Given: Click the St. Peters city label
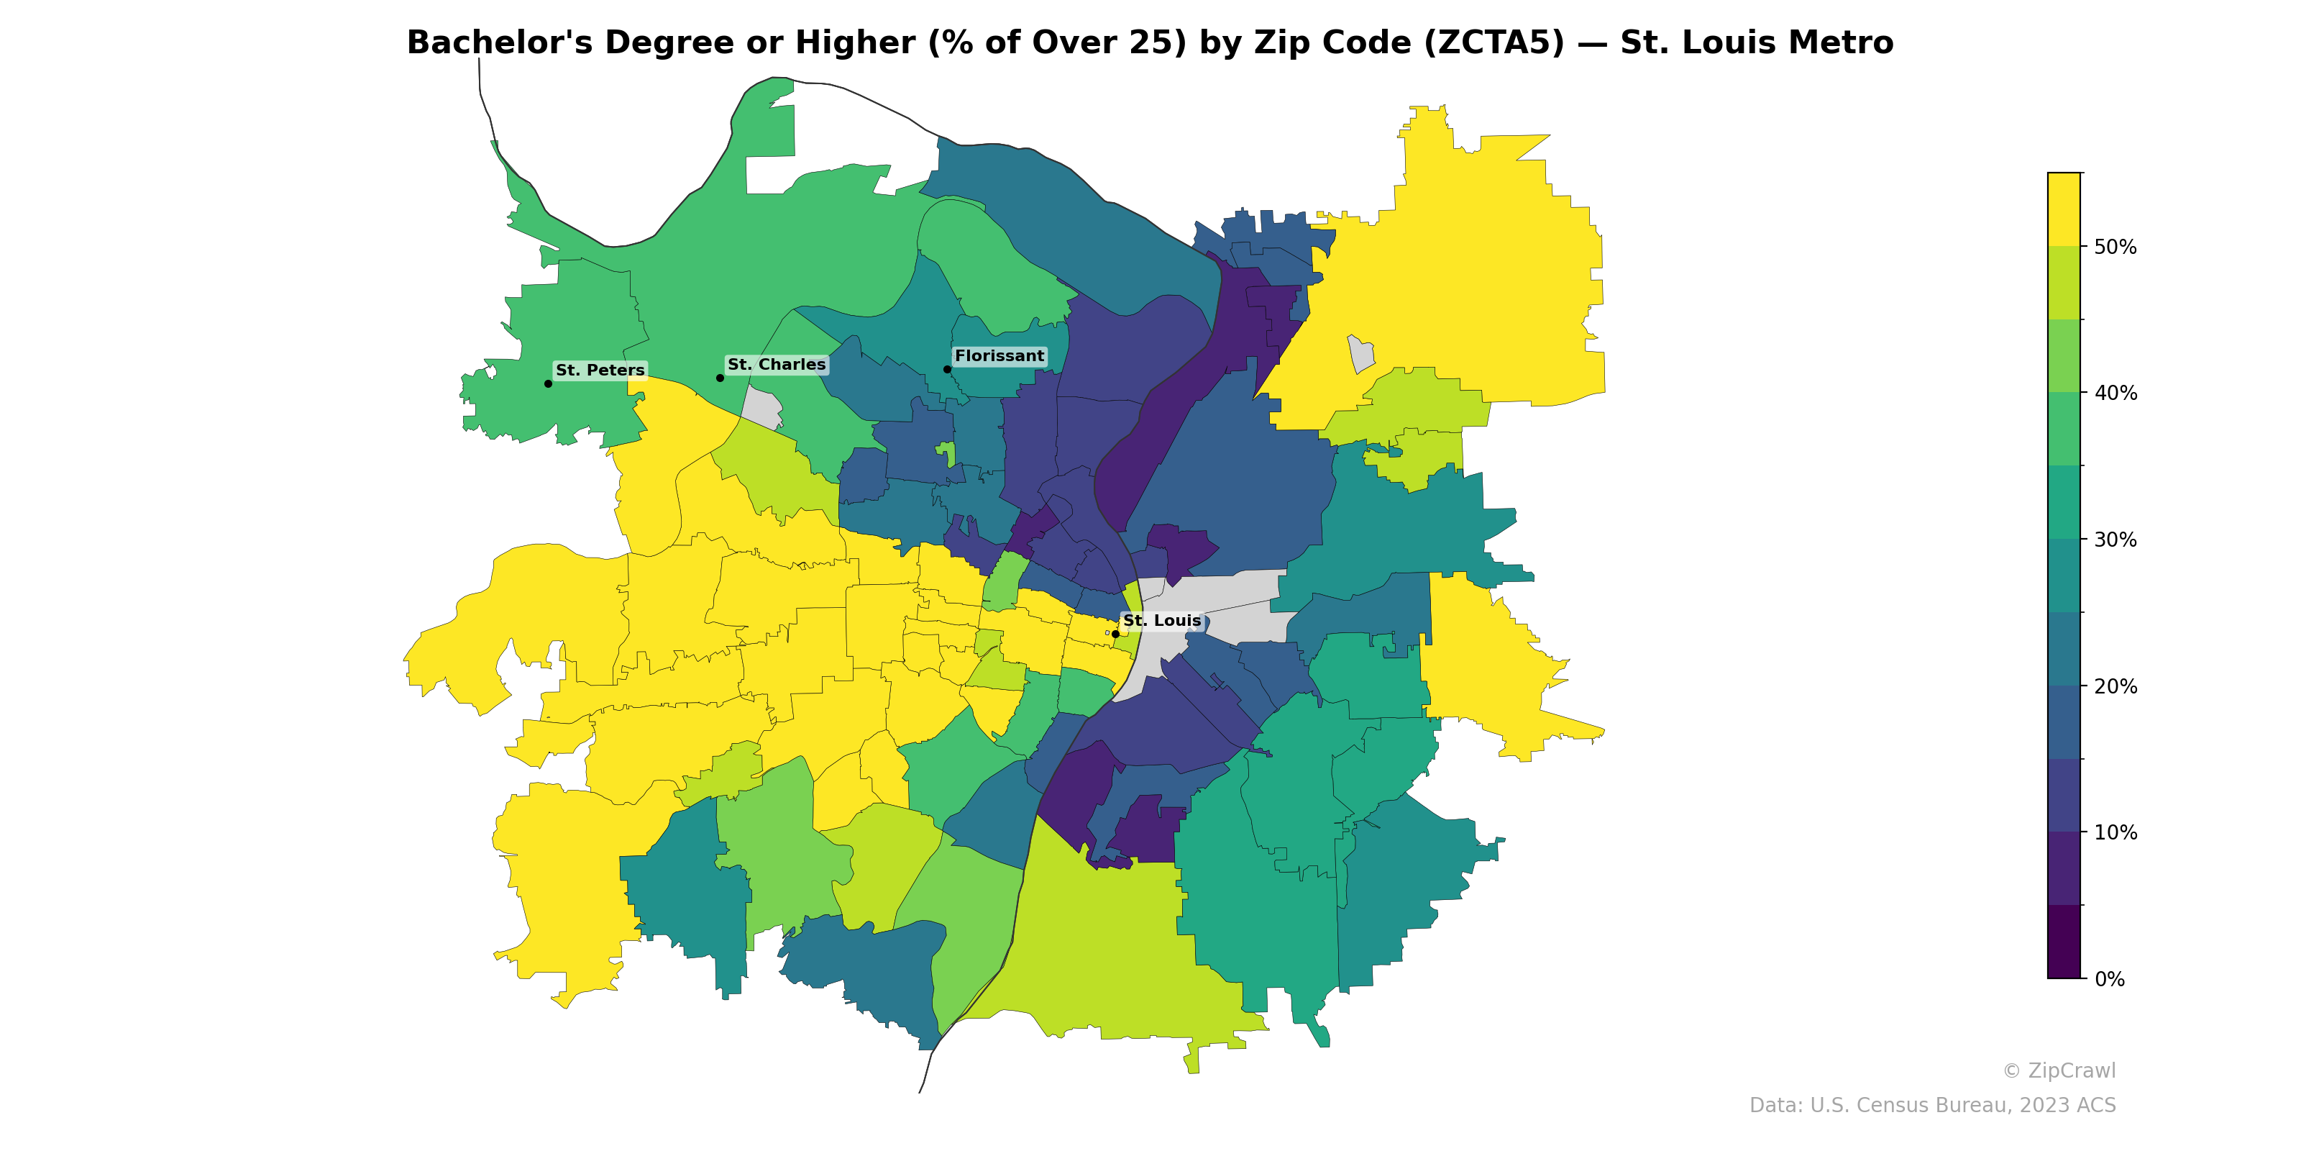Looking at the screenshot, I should click(x=600, y=370).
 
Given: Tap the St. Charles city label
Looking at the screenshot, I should click(x=777, y=365).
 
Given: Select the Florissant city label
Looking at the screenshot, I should click(x=999, y=355).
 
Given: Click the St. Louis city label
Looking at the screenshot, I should click(x=1161, y=620).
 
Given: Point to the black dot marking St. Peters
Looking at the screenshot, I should click(x=547, y=383).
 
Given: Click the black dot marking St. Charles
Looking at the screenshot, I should click(x=720, y=378).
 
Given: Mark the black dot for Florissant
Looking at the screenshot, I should click(x=947, y=369).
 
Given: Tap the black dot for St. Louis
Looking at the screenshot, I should click(x=1115, y=634).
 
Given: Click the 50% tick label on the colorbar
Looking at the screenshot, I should click(x=2115, y=247).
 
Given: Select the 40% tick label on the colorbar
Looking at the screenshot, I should click(x=2115, y=393).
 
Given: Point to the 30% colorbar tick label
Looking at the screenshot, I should click(x=2115, y=540).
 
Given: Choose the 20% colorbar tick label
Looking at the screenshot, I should click(x=2115, y=686).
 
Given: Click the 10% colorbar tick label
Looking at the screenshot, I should click(x=2115, y=833).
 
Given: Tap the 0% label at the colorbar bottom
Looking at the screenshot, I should click(x=2109, y=979).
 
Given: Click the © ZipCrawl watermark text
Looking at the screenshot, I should click(x=2058, y=1070).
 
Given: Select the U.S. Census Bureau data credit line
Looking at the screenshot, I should click(x=1931, y=1106).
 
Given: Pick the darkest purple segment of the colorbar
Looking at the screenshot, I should click(x=2064, y=942).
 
